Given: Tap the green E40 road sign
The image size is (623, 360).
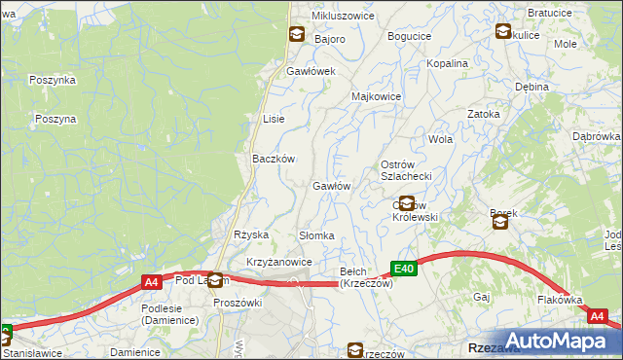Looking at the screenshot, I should click(x=406, y=269).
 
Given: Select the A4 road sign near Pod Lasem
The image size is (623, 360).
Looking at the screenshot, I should click(x=151, y=282).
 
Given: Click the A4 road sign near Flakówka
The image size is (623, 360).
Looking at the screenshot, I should click(x=599, y=316).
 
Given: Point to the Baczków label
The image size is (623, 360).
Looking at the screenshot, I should click(x=274, y=159).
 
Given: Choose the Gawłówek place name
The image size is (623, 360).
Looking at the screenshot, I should click(x=311, y=72).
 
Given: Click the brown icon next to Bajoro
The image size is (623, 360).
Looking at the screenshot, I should click(x=295, y=36).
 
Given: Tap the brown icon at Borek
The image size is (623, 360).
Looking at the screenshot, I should click(x=500, y=223).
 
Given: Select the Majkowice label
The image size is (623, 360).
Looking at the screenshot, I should click(x=376, y=97).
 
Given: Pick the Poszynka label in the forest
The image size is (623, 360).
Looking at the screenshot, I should click(x=53, y=80).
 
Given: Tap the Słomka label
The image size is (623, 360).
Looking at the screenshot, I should click(x=316, y=235).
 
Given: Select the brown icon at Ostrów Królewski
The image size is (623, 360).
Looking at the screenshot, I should click(x=407, y=204).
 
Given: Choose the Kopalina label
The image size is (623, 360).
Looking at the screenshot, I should click(x=448, y=63).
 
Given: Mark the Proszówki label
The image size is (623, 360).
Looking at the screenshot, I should click(x=238, y=302).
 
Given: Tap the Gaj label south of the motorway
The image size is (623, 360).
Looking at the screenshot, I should click(x=481, y=296).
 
